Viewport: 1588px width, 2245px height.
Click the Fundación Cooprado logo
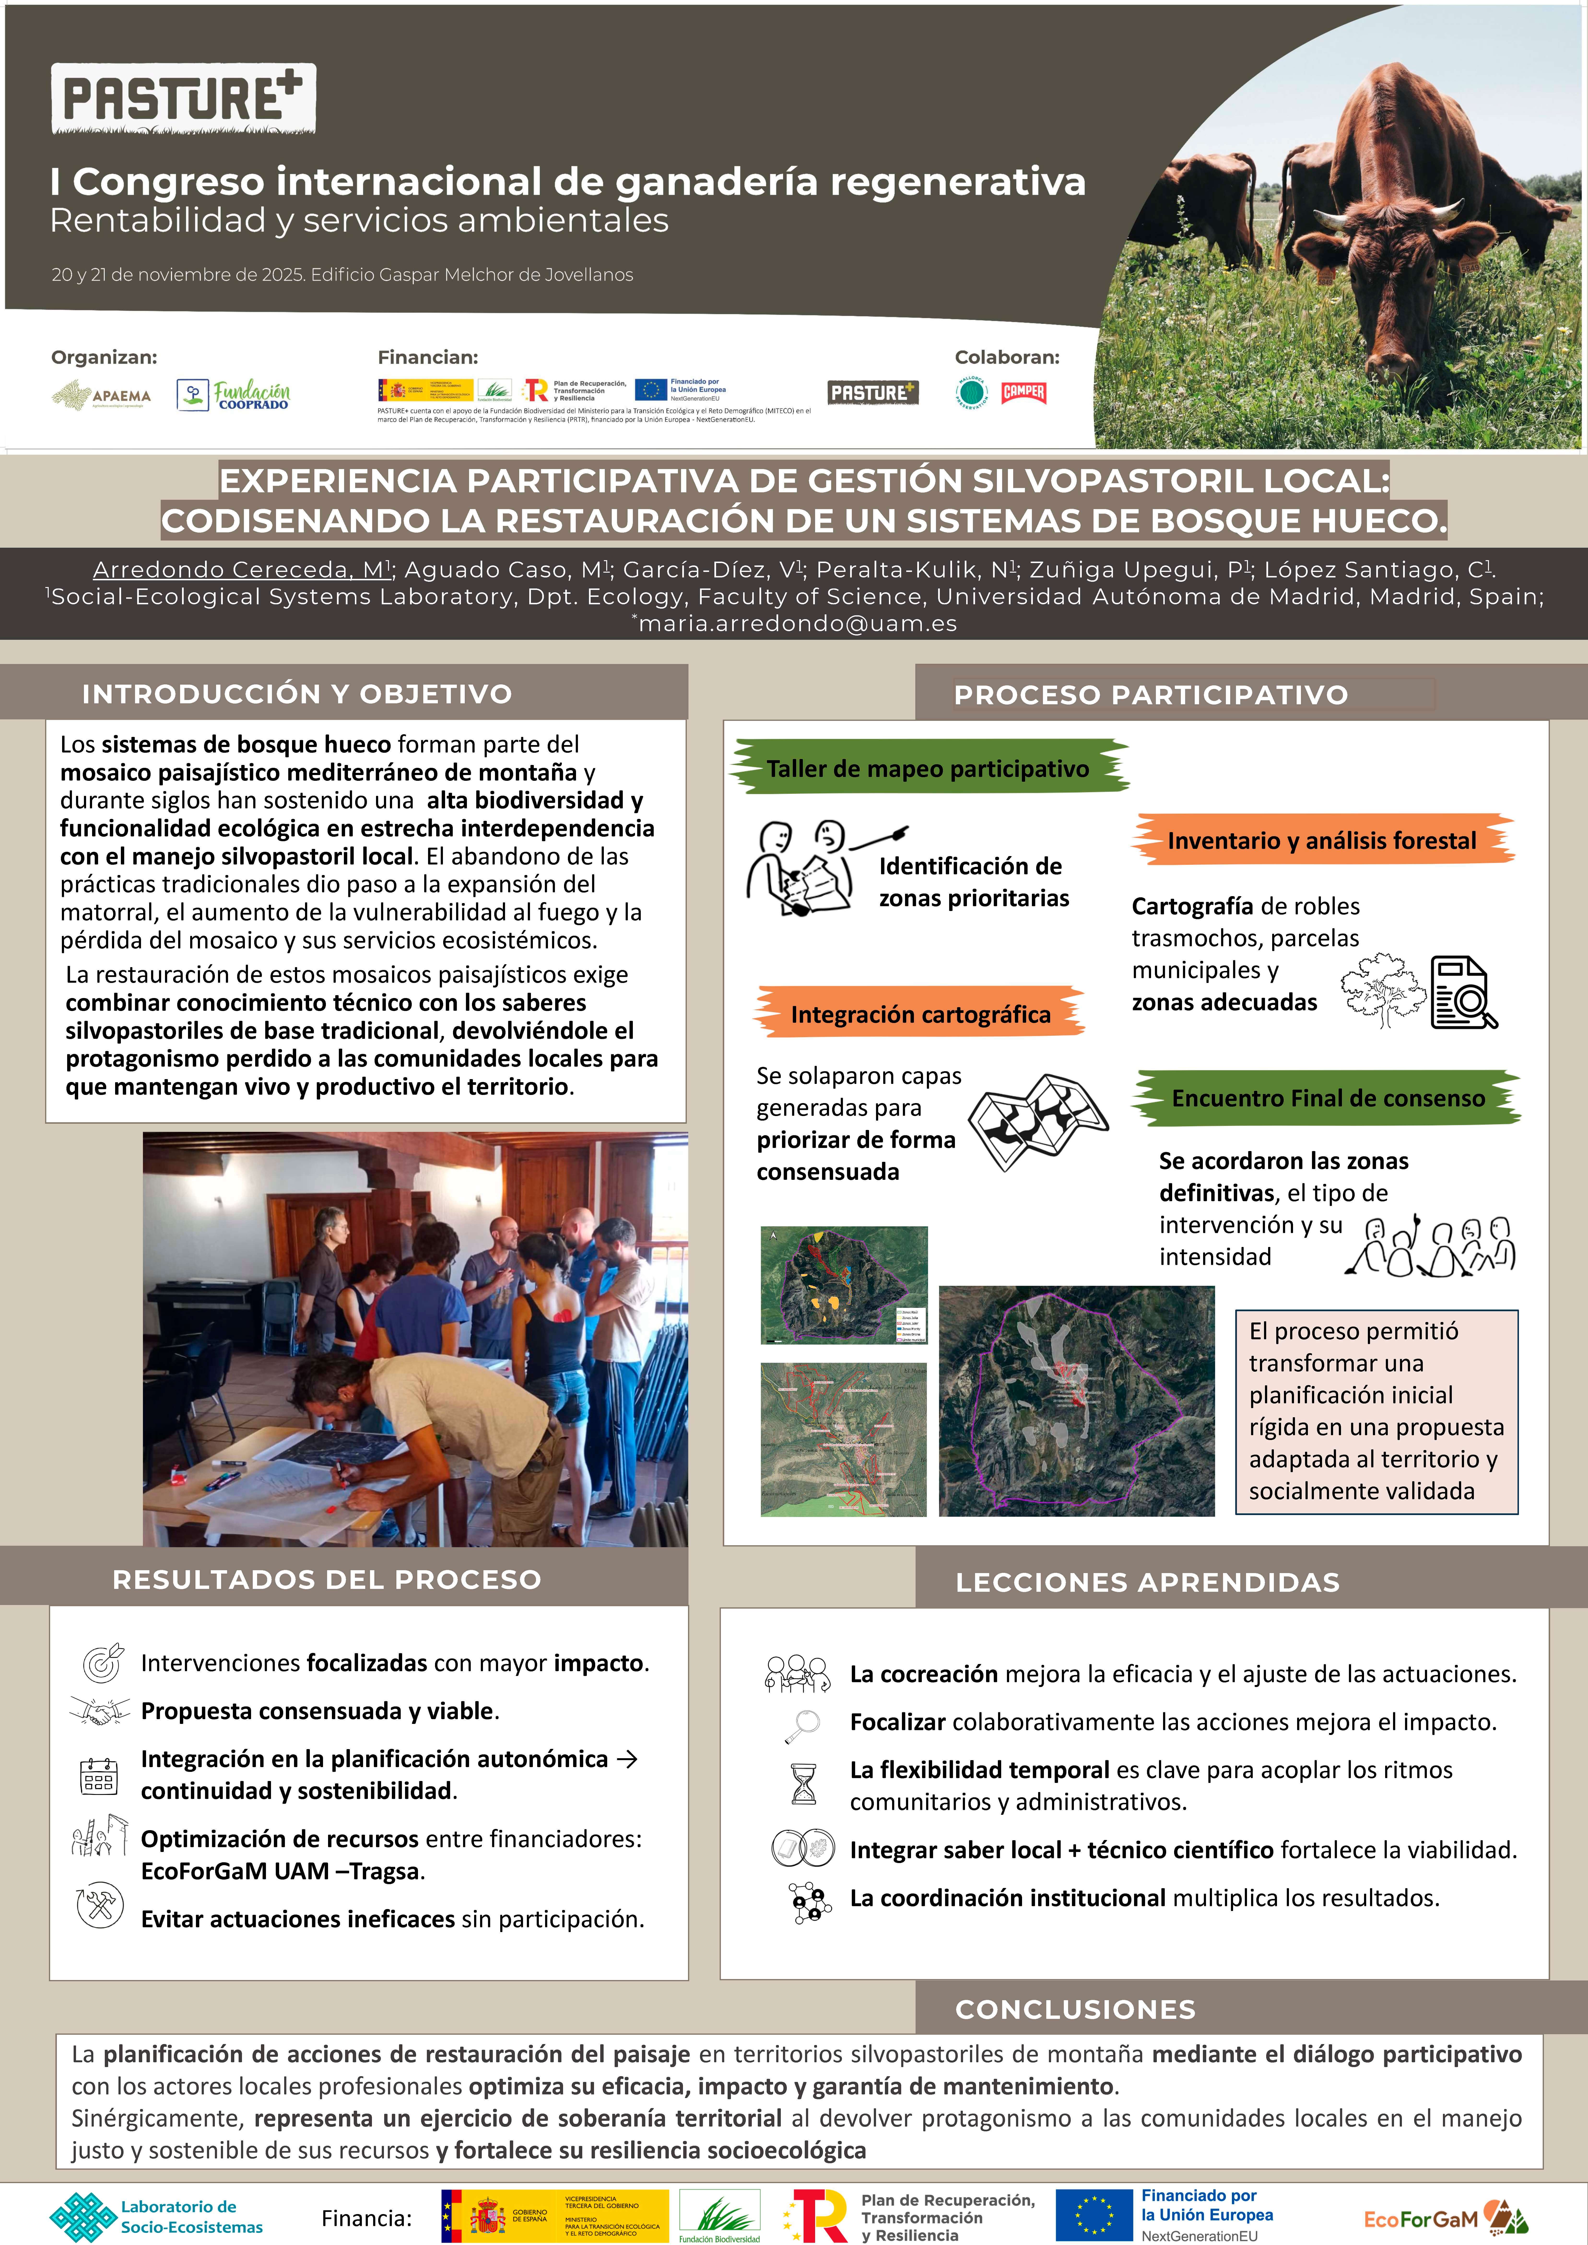point(234,395)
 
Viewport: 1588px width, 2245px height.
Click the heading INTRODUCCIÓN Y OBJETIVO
point(296,694)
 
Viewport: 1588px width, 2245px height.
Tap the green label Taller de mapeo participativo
point(927,769)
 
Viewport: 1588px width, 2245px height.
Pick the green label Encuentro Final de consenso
point(1327,1098)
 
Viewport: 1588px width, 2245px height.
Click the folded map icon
point(1037,1122)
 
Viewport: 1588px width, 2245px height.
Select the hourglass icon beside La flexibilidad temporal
point(803,1784)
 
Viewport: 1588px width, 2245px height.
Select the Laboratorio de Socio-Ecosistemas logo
point(156,2217)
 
